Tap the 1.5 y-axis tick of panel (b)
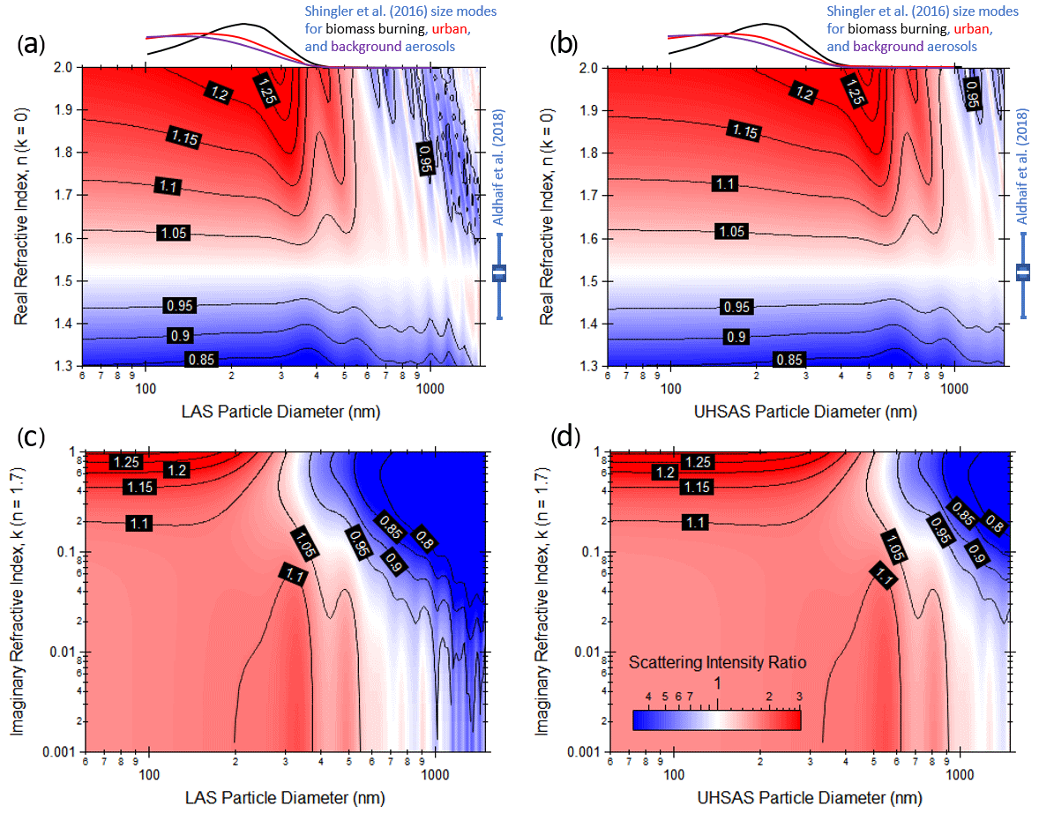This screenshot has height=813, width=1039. point(591,281)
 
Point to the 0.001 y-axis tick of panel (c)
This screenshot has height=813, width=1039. point(58,751)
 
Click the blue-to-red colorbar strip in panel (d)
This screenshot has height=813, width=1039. point(716,720)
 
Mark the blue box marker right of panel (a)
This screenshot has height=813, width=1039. point(499,273)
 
